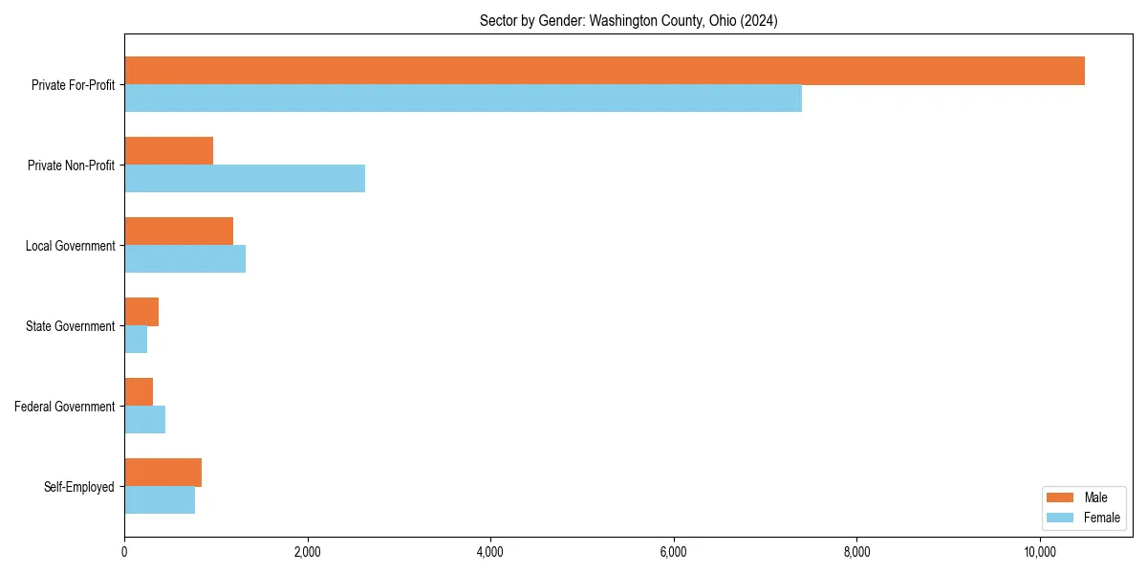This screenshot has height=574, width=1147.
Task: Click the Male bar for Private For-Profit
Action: pos(604,71)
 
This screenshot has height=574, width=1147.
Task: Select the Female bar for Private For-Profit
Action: pos(463,99)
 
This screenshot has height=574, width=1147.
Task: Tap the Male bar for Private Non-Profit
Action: pos(168,151)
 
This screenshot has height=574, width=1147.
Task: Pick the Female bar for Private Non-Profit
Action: pos(245,179)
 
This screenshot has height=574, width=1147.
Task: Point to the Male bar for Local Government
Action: pos(179,232)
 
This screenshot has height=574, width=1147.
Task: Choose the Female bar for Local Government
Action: pos(184,259)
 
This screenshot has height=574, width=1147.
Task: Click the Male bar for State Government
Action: pos(141,312)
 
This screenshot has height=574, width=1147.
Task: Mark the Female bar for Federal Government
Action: pos(144,420)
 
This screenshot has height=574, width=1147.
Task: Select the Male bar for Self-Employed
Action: pos(162,473)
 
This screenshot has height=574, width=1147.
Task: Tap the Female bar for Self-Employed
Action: pos(160,500)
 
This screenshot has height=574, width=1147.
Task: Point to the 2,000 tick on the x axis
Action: pos(307,552)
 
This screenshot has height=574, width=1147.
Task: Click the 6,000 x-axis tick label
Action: pos(674,552)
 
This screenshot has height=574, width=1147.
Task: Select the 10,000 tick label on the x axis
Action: pos(1040,552)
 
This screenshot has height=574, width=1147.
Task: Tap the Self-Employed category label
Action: pos(78,487)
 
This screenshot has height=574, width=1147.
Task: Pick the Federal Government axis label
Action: pos(65,407)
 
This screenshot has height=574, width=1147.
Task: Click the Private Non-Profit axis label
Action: pos(71,166)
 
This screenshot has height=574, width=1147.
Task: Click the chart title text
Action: pos(628,21)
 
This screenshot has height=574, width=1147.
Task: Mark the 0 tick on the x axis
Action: pos(124,552)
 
